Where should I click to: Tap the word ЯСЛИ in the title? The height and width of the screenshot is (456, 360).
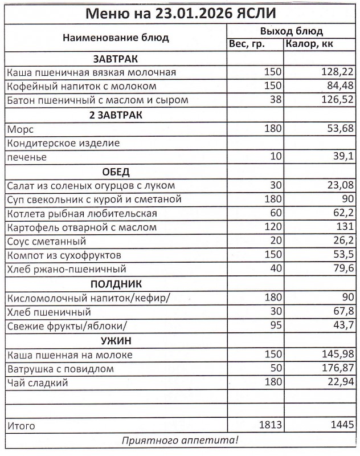coord(264,13)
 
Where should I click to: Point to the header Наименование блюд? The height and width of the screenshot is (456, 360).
coord(116,38)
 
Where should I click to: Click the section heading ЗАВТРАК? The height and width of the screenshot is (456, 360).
coord(116,59)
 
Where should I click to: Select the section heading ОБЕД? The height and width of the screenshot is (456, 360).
coord(116,172)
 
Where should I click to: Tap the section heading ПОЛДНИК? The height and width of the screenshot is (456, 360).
coord(116,284)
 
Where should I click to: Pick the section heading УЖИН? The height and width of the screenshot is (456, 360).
coord(116,340)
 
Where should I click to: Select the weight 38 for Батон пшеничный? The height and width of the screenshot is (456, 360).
coord(276,100)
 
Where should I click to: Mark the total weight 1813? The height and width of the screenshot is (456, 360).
coord(270,425)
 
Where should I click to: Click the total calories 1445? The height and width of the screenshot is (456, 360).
coord(340,425)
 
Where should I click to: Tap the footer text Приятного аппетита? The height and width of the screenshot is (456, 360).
coord(180,440)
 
